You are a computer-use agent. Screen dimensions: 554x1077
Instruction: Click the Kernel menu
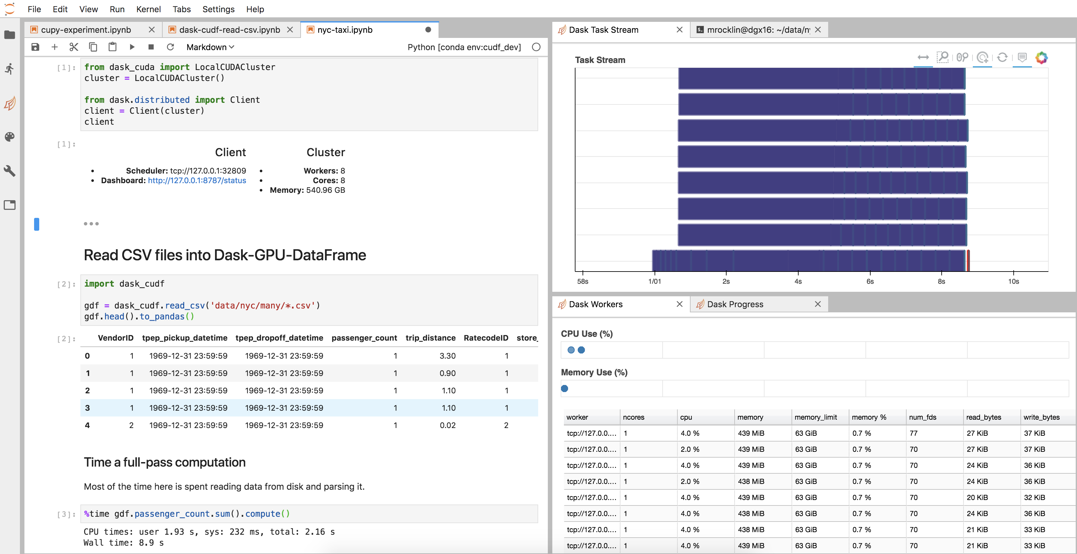tap(149, 9)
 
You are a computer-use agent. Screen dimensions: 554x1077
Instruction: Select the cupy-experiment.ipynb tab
tap(86, 30)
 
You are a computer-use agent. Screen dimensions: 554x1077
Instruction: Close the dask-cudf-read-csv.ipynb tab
tap(290, 30)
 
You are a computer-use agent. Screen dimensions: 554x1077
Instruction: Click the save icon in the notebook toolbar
tap(35, 47)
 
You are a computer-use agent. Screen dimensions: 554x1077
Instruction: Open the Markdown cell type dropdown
tap(210, 47)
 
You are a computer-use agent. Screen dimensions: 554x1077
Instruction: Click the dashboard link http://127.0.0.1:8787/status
tap(197, 181)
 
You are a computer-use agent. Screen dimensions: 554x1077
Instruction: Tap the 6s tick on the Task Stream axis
tap(870, 281)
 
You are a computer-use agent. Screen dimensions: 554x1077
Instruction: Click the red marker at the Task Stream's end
tap(968, 261)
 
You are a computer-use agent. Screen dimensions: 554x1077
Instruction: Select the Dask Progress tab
tap(735, 304)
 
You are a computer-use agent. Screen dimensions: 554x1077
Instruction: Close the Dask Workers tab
tap(679, 304)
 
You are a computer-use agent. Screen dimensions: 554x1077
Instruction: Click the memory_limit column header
tap(815, 417)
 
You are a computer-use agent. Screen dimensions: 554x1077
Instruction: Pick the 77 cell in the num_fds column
tap(914, 433)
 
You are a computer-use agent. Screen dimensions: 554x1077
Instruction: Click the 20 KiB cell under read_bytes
tap(977, 497)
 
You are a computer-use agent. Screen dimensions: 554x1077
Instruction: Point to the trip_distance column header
tap(430, 338)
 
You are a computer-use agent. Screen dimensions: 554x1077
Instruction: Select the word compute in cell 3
tap(262, 514)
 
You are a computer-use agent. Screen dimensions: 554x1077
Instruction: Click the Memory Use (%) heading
tap(594, 372)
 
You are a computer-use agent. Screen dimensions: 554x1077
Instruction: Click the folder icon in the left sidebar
tap(10, 35)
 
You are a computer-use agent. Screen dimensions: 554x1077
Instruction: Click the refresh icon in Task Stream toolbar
tap(1002, 58)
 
